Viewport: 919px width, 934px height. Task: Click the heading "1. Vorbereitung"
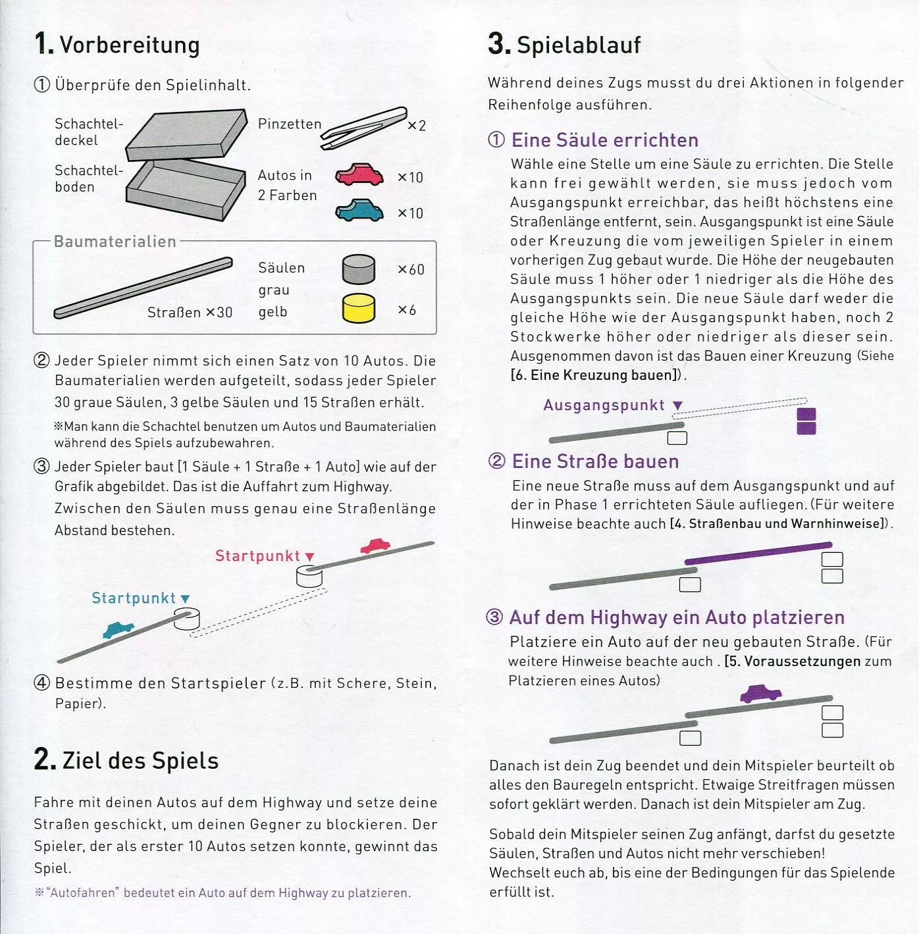click(117, 44)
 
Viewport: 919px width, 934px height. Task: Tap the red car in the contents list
click(359, 174)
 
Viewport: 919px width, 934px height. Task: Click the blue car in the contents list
click(359, 210)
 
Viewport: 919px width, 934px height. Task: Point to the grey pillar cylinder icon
click(359, 270)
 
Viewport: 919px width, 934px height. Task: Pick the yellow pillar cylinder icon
click(359, 308)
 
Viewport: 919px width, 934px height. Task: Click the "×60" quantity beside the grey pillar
click(411, 270)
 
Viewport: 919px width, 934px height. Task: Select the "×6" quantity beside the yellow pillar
click(407, 309)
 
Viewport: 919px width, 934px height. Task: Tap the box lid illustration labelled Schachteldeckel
click(187, 134)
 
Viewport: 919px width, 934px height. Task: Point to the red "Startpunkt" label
click(257, 556)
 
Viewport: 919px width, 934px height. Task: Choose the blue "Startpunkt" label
click(134, 598)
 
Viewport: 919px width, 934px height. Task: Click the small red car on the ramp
click(375, 546)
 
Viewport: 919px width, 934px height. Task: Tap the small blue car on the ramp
click(118, 629)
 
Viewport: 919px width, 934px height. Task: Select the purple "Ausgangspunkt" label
click(604, 405)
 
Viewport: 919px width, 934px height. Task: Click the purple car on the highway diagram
click(761, 693)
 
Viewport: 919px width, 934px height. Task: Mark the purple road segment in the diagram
click(758, 553)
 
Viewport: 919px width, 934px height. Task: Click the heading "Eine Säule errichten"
click(604, 140)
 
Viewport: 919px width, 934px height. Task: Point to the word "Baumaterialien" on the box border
click(115, 242)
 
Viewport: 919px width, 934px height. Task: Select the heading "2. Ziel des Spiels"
click(126, 760)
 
